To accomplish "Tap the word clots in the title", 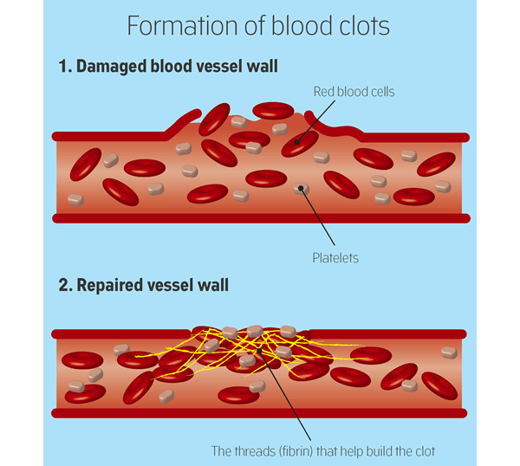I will pos(361,26).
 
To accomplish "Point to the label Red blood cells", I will pos(353,91).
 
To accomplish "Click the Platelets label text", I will pos(335,257).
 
